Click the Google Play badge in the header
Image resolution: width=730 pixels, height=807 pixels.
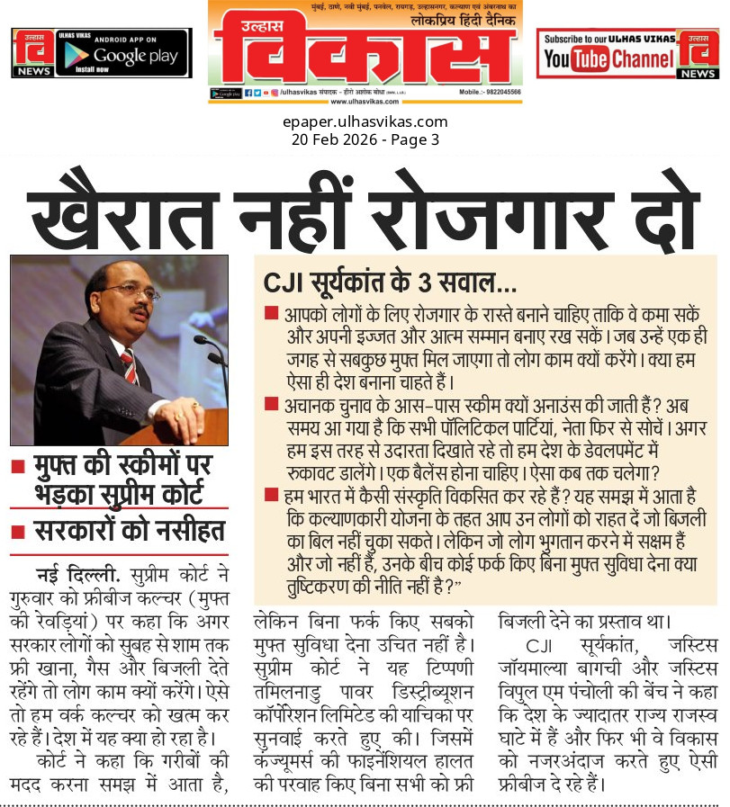[122, 53]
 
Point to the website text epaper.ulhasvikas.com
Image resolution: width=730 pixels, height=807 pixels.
[365, 122]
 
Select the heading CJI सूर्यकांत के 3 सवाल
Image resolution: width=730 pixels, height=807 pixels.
[389, 283]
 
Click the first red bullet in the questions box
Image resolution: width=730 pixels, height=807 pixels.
[271, 312]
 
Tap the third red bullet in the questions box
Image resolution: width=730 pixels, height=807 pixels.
[271, 493]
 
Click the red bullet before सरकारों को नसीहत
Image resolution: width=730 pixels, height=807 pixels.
[17, 531]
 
